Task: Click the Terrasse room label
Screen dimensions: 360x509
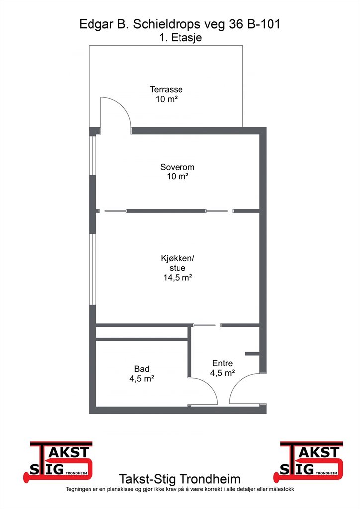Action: (166, 89)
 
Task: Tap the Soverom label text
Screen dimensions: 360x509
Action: (177, 167)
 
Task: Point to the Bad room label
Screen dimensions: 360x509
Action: (142, 369)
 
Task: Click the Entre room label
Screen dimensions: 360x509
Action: (222, 363)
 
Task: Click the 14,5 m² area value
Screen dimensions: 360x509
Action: (177, 277)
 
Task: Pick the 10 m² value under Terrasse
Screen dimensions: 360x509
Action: (166, 99)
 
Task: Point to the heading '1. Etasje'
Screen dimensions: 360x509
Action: (180, 38)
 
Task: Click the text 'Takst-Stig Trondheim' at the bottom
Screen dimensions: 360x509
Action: (180, 479)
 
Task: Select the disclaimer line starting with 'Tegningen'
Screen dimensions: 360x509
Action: (180, 489)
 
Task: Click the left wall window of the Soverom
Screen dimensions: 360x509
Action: (93, 156)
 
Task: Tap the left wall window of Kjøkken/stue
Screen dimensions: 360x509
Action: (93, 269)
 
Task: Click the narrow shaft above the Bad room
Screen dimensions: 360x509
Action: (142, 333)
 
